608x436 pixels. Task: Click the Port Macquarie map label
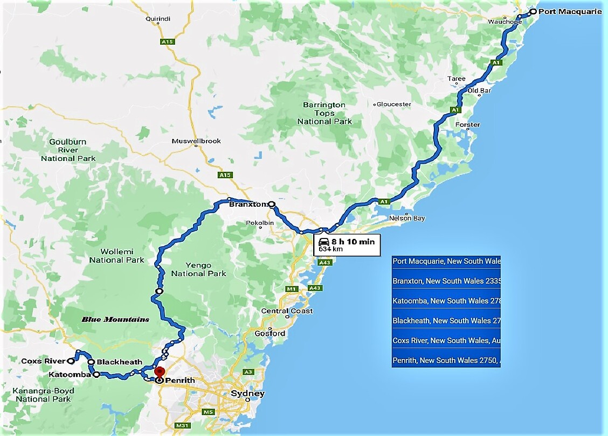coord(570,11)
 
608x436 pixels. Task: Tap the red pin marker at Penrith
coord(159,372)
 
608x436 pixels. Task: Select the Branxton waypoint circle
coord(272,205)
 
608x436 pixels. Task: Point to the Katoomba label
coord(69,374)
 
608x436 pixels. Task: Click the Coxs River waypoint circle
coord(71,361)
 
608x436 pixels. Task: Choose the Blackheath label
coord(120,362)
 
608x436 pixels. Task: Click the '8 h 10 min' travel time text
coord(353,242)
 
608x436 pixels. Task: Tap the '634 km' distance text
coord(330,249)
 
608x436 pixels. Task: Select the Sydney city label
coord(247,393)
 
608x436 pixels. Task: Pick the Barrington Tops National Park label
coord(324,113)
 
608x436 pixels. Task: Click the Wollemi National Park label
coord(116,256)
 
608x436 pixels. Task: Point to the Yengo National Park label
coord(199,269)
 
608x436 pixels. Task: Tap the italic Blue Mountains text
coord(115,319)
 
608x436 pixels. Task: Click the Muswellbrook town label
coord(196,141)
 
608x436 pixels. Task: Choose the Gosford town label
coord(270,333)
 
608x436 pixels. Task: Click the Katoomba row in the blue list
coord(446,301)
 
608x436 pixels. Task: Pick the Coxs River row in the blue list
coord(446,340)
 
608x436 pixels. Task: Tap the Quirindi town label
coord(157,19)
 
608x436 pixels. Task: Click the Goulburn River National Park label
coord(68,150)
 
